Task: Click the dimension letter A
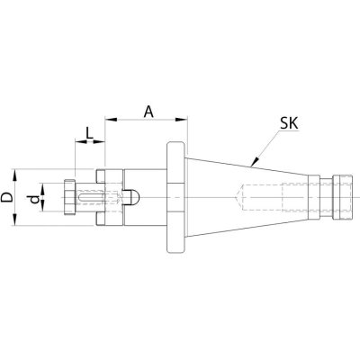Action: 148,112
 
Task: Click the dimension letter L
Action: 89,133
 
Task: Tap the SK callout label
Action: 289,123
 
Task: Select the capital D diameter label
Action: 7,197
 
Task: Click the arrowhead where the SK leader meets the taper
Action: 255,161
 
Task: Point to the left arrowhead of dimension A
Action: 111,120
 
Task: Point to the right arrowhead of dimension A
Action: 182,120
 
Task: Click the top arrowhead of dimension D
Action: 14,175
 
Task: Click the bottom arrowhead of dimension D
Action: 14,220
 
